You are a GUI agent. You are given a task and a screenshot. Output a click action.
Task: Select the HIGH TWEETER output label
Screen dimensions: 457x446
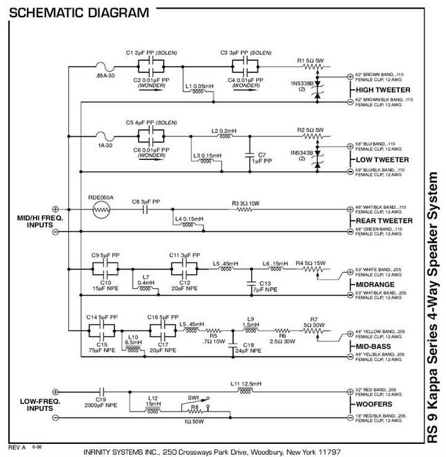(x=383, y=90)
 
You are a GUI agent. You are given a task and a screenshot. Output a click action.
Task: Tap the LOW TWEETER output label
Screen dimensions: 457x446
(x=382, y=159)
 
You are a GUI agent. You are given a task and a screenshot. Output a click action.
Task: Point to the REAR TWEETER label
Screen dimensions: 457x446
(x=384, y=221)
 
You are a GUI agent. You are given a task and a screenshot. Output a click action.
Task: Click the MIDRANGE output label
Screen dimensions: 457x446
(x=375, y=285)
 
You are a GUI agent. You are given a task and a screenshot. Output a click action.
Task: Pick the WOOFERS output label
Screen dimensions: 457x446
(x=374, y=405)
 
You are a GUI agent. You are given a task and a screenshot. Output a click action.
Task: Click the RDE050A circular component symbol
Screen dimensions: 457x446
(x=101, y=211)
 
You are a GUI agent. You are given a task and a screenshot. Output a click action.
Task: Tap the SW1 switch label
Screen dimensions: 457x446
(x=194, y=398)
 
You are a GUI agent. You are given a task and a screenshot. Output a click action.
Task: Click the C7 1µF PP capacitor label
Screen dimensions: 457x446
(x=261, y=158)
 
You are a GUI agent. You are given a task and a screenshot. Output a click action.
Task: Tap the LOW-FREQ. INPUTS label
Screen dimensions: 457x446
(x=26, y=405)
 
